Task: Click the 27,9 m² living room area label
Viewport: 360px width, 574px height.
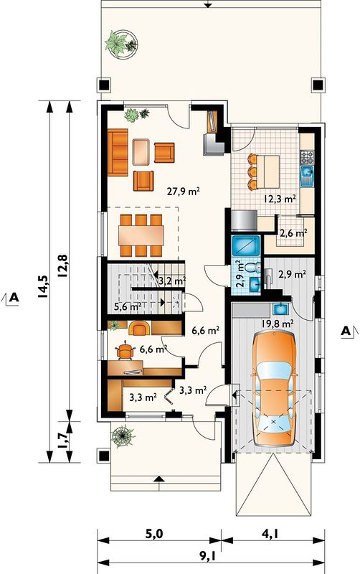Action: (x=184, y=192)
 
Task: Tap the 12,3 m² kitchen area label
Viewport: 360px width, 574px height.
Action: (x=280, y=199)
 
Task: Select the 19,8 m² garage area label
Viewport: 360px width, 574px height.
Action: (x=278, y=324)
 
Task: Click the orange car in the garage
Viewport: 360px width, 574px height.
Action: (x=274, y=388)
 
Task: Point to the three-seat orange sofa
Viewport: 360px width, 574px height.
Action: (x=118, y=152)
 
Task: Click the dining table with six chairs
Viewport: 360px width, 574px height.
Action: (x=141, y=235)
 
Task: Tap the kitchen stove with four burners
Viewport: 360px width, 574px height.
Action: (x=307, y=157)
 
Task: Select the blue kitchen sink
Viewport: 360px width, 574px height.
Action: (x=307, y=176)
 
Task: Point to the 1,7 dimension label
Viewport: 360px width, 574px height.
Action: (x=62, y=441)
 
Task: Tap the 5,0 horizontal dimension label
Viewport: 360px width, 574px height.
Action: (x=154, y=534)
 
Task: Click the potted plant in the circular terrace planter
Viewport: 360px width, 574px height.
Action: (x=121, y=43)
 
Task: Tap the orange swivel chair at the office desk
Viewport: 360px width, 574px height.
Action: (x=125, y=350)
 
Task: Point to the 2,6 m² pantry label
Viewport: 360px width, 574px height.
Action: (x=293, y=232)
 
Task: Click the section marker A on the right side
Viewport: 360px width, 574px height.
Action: (x=346, y=331)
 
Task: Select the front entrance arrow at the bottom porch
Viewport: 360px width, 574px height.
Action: (x=158, y=479)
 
